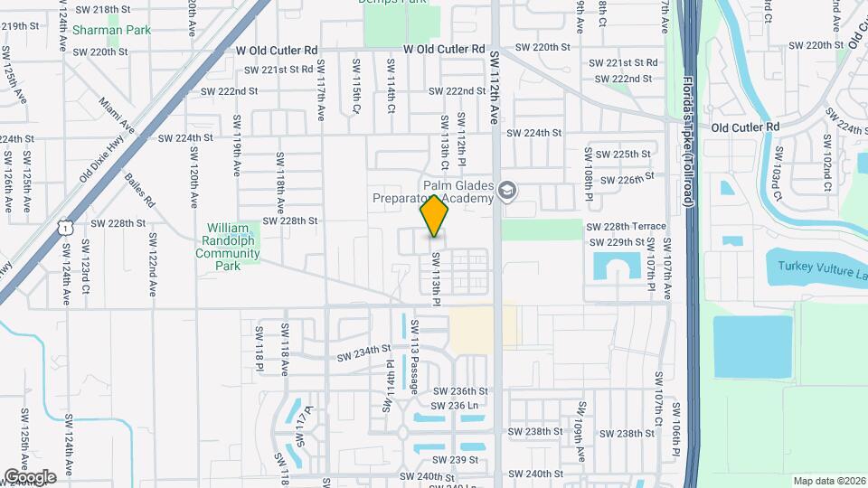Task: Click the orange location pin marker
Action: pos(435,216)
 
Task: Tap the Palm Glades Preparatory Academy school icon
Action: pos(507,191)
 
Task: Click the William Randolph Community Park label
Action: pos(228,241)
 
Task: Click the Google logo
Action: pos(30,476)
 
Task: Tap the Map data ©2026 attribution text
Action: pos(829,480)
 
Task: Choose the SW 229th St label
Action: pos(617,242)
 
